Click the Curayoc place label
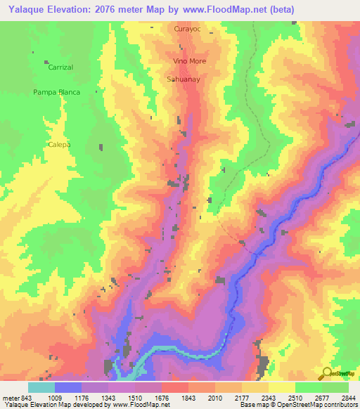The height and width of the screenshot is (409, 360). coord(188,30)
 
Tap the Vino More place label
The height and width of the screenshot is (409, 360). coord(189,61)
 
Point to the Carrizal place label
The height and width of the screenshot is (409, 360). coord(61,67)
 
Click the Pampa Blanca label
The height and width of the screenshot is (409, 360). coord(56,92)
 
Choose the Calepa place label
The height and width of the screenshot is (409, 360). coord(59,144)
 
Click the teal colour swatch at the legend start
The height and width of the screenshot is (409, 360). coord(41,387)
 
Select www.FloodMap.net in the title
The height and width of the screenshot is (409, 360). coord(224,9)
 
